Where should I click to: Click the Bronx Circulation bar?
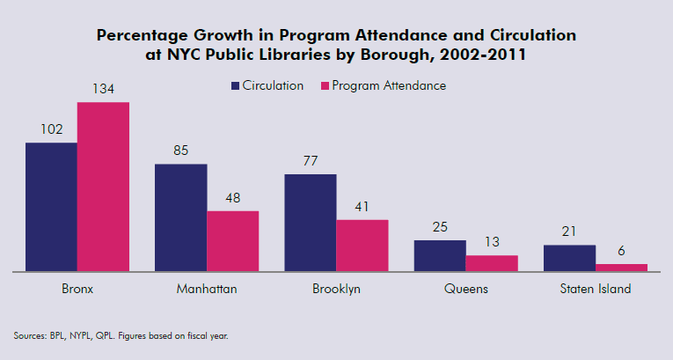[51, 207]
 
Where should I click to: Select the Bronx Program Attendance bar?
[103, 187]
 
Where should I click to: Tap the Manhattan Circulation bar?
[180, 217]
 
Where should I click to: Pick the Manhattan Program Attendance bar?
[233, 241]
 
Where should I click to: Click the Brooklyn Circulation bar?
[310, 223]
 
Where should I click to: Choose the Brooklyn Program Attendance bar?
[362, 246]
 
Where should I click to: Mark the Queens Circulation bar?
[440, 255]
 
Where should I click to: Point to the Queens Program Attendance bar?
[492, 263]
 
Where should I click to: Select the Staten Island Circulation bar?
[569, 258]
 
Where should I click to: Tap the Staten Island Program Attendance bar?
[621, 268]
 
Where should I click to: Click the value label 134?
[103, 89]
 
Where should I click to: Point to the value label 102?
[51, 129]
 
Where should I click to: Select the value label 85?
[180, 151]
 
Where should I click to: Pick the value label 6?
[621, 251]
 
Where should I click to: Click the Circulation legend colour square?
[236, 86]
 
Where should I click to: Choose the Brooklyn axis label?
[336, 289]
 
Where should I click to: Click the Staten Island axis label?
[596, 289]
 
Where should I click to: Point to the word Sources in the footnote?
[29, 335]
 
